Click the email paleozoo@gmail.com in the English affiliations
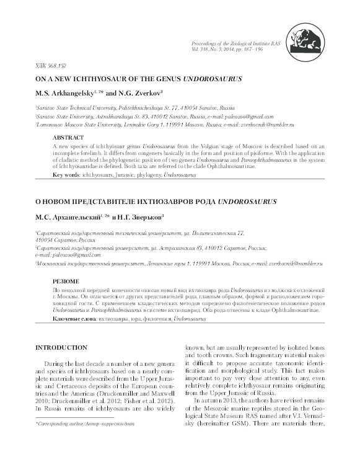[x=255, y=115]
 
